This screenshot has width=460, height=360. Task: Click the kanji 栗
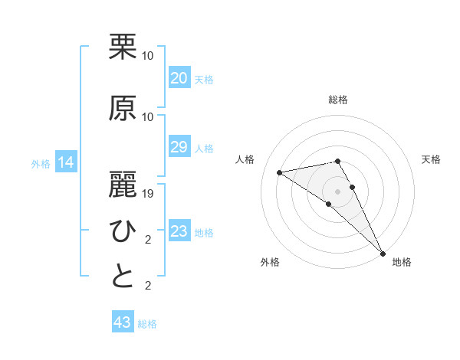pyautogui.click(x=123, y=47)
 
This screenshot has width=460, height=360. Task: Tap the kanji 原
pyautogui.click(x=123, y=107)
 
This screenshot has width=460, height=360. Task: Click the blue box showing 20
pyautogui.click(x=179, y=78)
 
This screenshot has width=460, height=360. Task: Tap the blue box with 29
pyautogui.click(x=179, y=147)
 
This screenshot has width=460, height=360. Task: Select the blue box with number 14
pyautogui.click(x=65, y=162)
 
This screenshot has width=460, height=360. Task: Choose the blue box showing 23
pyautogui.click(x=179, y=231)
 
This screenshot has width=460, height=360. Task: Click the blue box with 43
pyautogui.click(x=123, y=322)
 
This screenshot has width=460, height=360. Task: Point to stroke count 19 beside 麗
pyautogui.click(x=148, y=194)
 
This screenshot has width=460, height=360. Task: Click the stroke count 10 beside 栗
pyautogui.click(x=148, y=56)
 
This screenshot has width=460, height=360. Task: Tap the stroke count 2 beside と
pyautogui.click(x=148, y=286)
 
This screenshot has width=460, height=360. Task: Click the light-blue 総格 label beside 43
pyautogui.click(x=147, y=324)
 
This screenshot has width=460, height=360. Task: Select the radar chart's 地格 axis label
pyautogui.click(x=402, y=262)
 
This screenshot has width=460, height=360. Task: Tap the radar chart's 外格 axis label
pyautogui.click(x=270, y=262)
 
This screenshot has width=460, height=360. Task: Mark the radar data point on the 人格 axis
pyautogui.click(x=279, y=172)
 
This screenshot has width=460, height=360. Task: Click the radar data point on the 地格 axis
pyautogui.click(x=383, y=253)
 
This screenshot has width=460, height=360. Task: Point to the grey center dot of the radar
pyautogui.click(x=337, y=191)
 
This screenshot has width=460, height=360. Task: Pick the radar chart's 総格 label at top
pyautogui.click(x=337, y=100)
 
